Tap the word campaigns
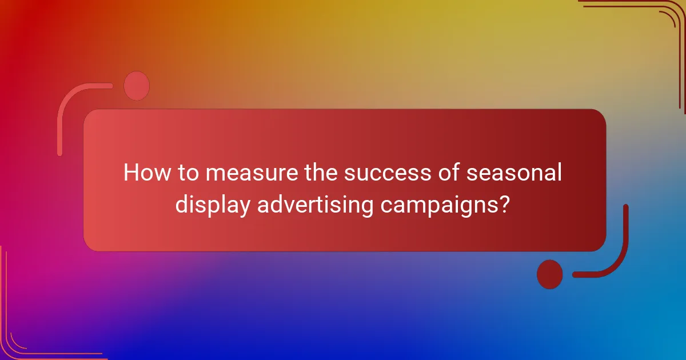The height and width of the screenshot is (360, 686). [436, 205]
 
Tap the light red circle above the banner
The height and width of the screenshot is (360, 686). [137, 86]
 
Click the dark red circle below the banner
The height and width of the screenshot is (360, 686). [549, 274]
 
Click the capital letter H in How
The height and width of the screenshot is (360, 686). [131, 173]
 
